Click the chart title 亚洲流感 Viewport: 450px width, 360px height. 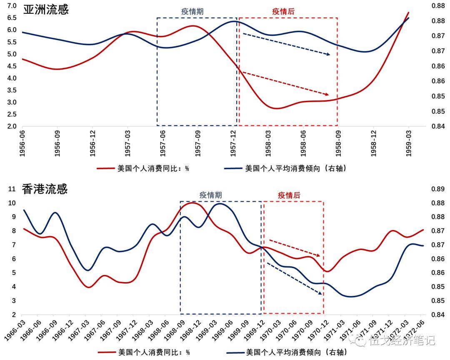[45, 10]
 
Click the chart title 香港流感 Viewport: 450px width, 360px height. [45, 190]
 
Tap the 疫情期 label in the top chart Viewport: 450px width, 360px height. [192, 12]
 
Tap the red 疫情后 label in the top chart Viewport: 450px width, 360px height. [283, 12]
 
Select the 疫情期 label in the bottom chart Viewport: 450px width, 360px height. [210, 195]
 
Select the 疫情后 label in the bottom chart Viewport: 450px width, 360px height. [289, 195]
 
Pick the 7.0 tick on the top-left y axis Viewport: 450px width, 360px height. [11, 6]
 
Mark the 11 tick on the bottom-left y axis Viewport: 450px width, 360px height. [12, 189]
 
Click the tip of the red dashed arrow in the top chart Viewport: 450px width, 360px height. [329, 95]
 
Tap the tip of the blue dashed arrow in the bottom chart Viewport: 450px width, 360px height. [322, 294]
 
